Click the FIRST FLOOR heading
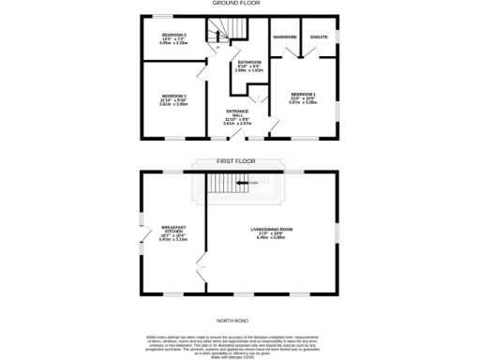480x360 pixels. (x=236, y=161)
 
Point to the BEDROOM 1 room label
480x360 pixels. (x=303, y=97)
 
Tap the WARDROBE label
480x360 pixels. (x=284, y=37)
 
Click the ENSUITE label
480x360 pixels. (x=319, y=37)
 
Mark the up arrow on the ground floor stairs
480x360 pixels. (x=217, y=46)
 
